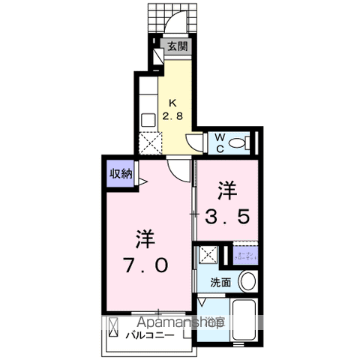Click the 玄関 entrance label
(x=178, y=46)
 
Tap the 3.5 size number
(x=229, y=217)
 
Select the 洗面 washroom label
(x=220, y=283)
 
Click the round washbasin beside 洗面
(x=247, y=282)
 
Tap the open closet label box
(x=244, y=255)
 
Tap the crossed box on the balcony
(x=114, y=327)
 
